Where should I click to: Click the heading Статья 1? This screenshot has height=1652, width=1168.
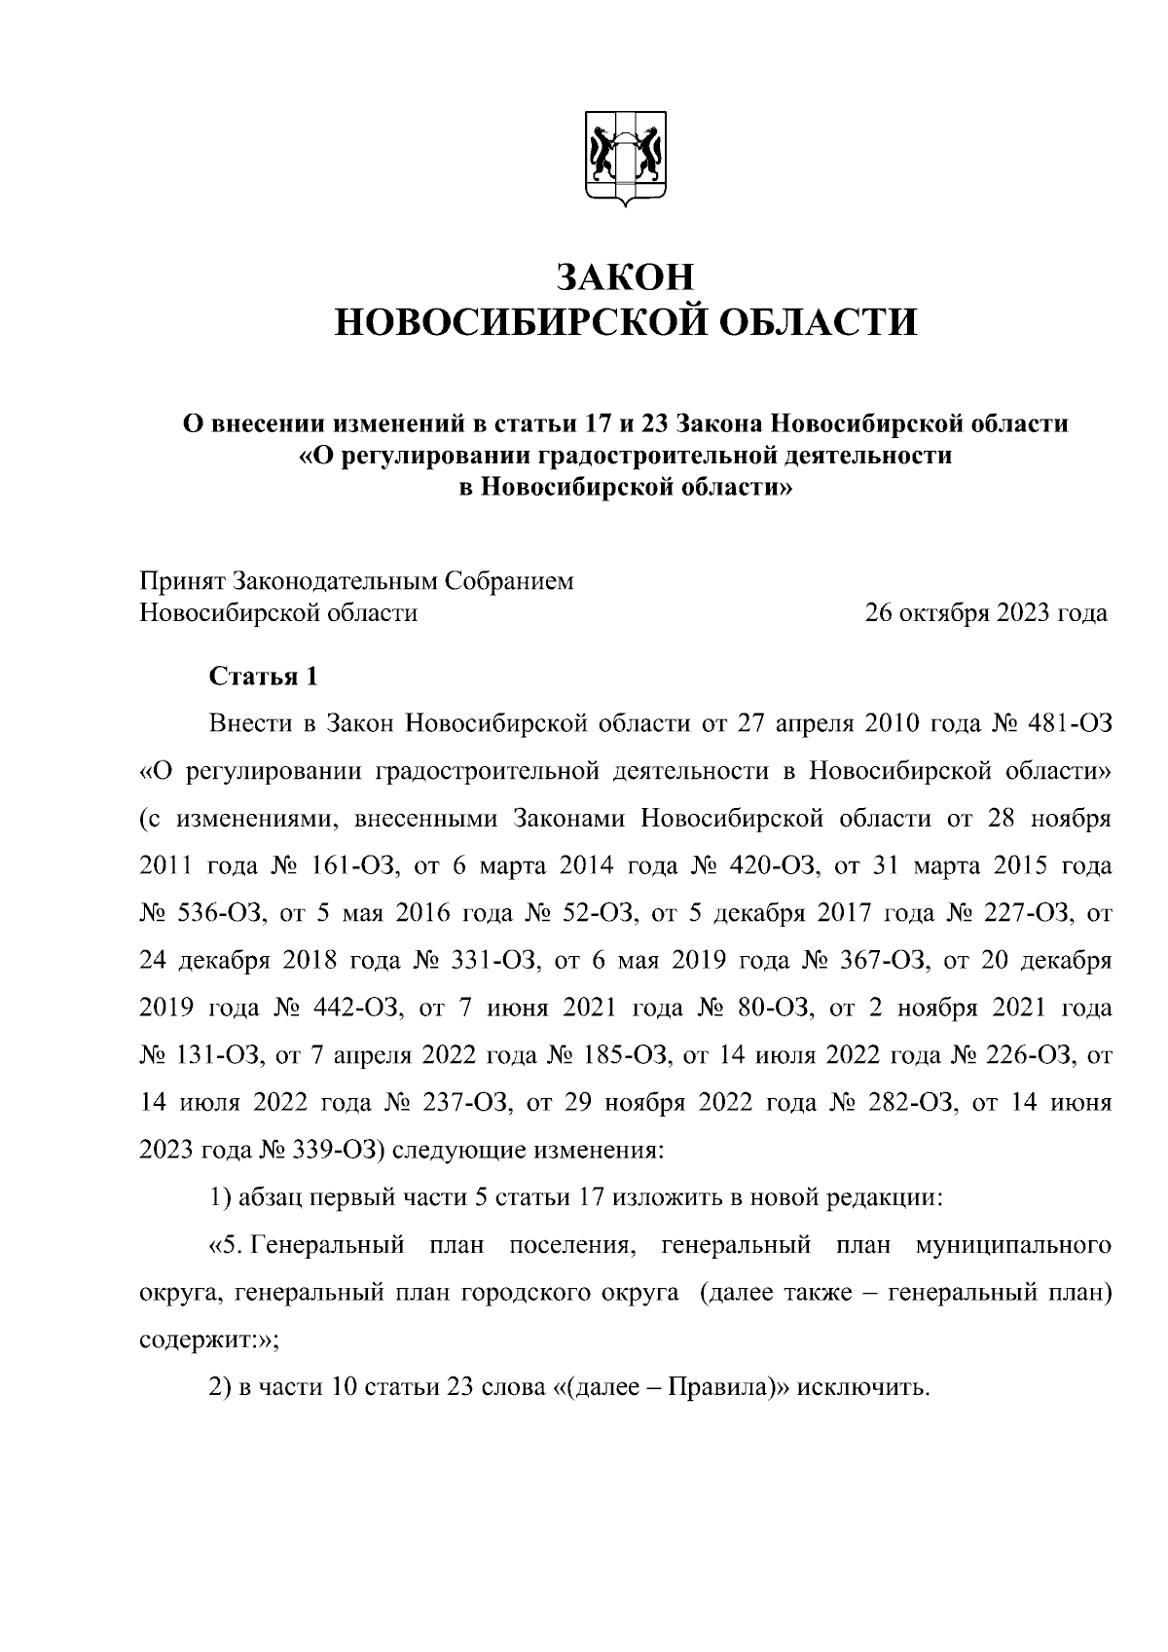[x=263, y=677]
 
